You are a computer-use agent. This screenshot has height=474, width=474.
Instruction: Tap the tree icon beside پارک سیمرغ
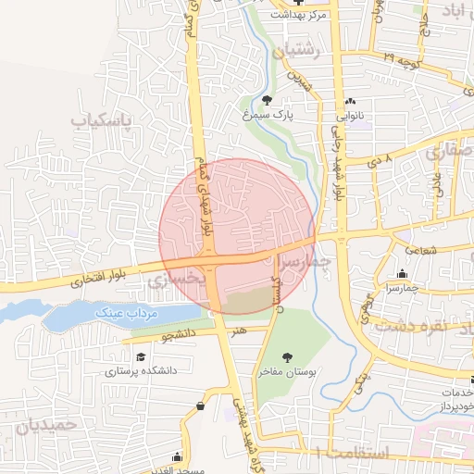click(x=268, y=100)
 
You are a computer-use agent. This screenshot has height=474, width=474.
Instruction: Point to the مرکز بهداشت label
click(x=299, y=15)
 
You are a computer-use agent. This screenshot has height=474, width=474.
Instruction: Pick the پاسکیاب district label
click(x=104, y=121)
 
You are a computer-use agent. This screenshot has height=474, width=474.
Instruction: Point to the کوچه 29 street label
click(x=402, y=58)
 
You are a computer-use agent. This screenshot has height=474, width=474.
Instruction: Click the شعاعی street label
click(x=420, y=250)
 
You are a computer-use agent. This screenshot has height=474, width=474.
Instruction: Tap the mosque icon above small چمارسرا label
click(x=402, y=273)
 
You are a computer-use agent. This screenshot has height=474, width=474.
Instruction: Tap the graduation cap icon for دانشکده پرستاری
click(x=141, y=356)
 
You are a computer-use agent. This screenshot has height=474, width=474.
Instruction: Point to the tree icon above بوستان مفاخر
click(x=287, y=356)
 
